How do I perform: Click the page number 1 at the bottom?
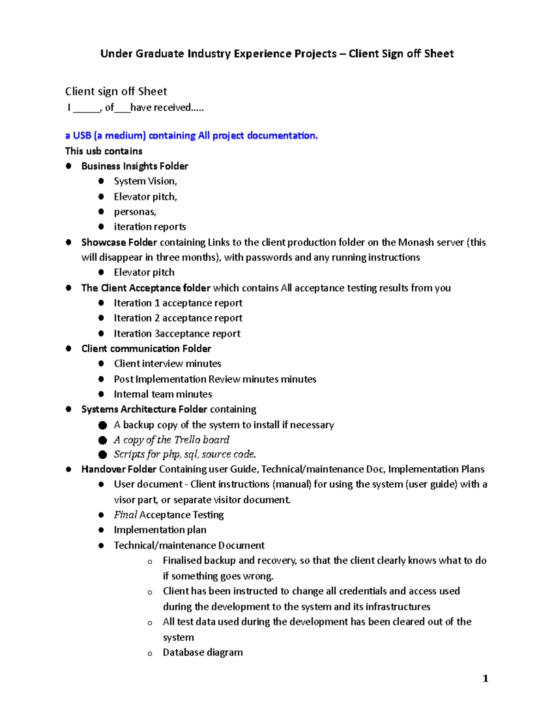[485, 678]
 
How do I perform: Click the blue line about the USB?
[191, 135]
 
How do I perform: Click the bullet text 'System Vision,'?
[145, 181]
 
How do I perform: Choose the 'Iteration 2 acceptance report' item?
[178, 318]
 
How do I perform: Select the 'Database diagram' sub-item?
[203, 652]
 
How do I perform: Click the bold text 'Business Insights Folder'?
[135, 166]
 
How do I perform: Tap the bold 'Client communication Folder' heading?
[146, 349]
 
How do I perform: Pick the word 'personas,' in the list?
[135, 212]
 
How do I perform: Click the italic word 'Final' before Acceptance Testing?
[125, 515]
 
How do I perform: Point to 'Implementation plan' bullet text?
[160, 530]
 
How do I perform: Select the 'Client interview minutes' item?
[168, 364]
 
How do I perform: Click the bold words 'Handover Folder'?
[119, 470]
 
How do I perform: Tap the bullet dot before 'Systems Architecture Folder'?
[68, 409]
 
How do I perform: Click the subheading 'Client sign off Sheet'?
[116, 91]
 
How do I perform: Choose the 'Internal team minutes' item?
[163, 394]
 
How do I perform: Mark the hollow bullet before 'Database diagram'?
[150, 653]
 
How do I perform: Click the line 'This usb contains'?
[103, 151]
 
